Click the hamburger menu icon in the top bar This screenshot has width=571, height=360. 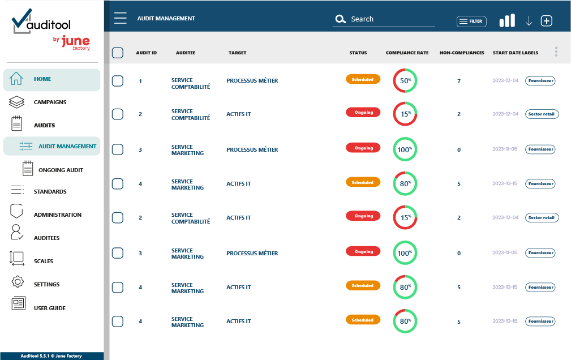120,18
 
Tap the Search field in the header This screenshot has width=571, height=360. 385,19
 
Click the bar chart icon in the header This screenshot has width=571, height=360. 507,21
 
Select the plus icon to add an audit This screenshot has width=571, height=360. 546,21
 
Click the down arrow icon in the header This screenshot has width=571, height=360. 529,21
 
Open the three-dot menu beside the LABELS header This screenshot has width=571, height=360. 556,52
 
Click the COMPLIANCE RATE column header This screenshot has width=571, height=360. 407,53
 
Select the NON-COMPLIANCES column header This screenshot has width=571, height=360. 462,53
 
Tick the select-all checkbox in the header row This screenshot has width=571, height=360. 118,53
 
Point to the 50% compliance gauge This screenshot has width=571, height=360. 405,81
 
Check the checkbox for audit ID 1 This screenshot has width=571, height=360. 118,81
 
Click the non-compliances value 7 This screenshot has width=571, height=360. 459,82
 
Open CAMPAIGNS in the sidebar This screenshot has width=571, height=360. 50,102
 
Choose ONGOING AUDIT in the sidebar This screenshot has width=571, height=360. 61,170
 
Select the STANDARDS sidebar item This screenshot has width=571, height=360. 50,192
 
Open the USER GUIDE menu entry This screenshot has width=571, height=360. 49,308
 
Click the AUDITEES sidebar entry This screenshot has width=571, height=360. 46,238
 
